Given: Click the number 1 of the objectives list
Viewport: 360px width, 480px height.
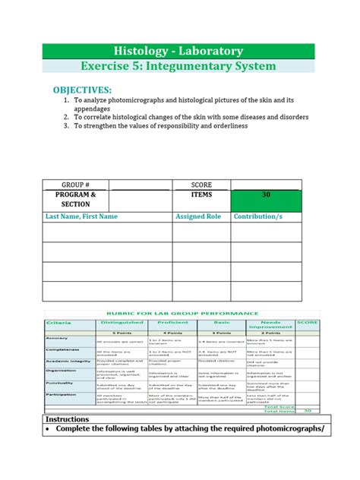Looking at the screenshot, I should coord(66,100).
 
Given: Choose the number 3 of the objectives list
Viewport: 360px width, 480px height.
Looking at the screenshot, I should coord(66,127).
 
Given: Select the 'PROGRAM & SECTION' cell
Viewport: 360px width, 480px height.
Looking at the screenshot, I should coord(76,200).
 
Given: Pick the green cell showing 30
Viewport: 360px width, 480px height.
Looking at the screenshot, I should coord(266,195).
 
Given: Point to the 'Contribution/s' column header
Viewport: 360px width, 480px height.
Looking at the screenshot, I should coord(258,216).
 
